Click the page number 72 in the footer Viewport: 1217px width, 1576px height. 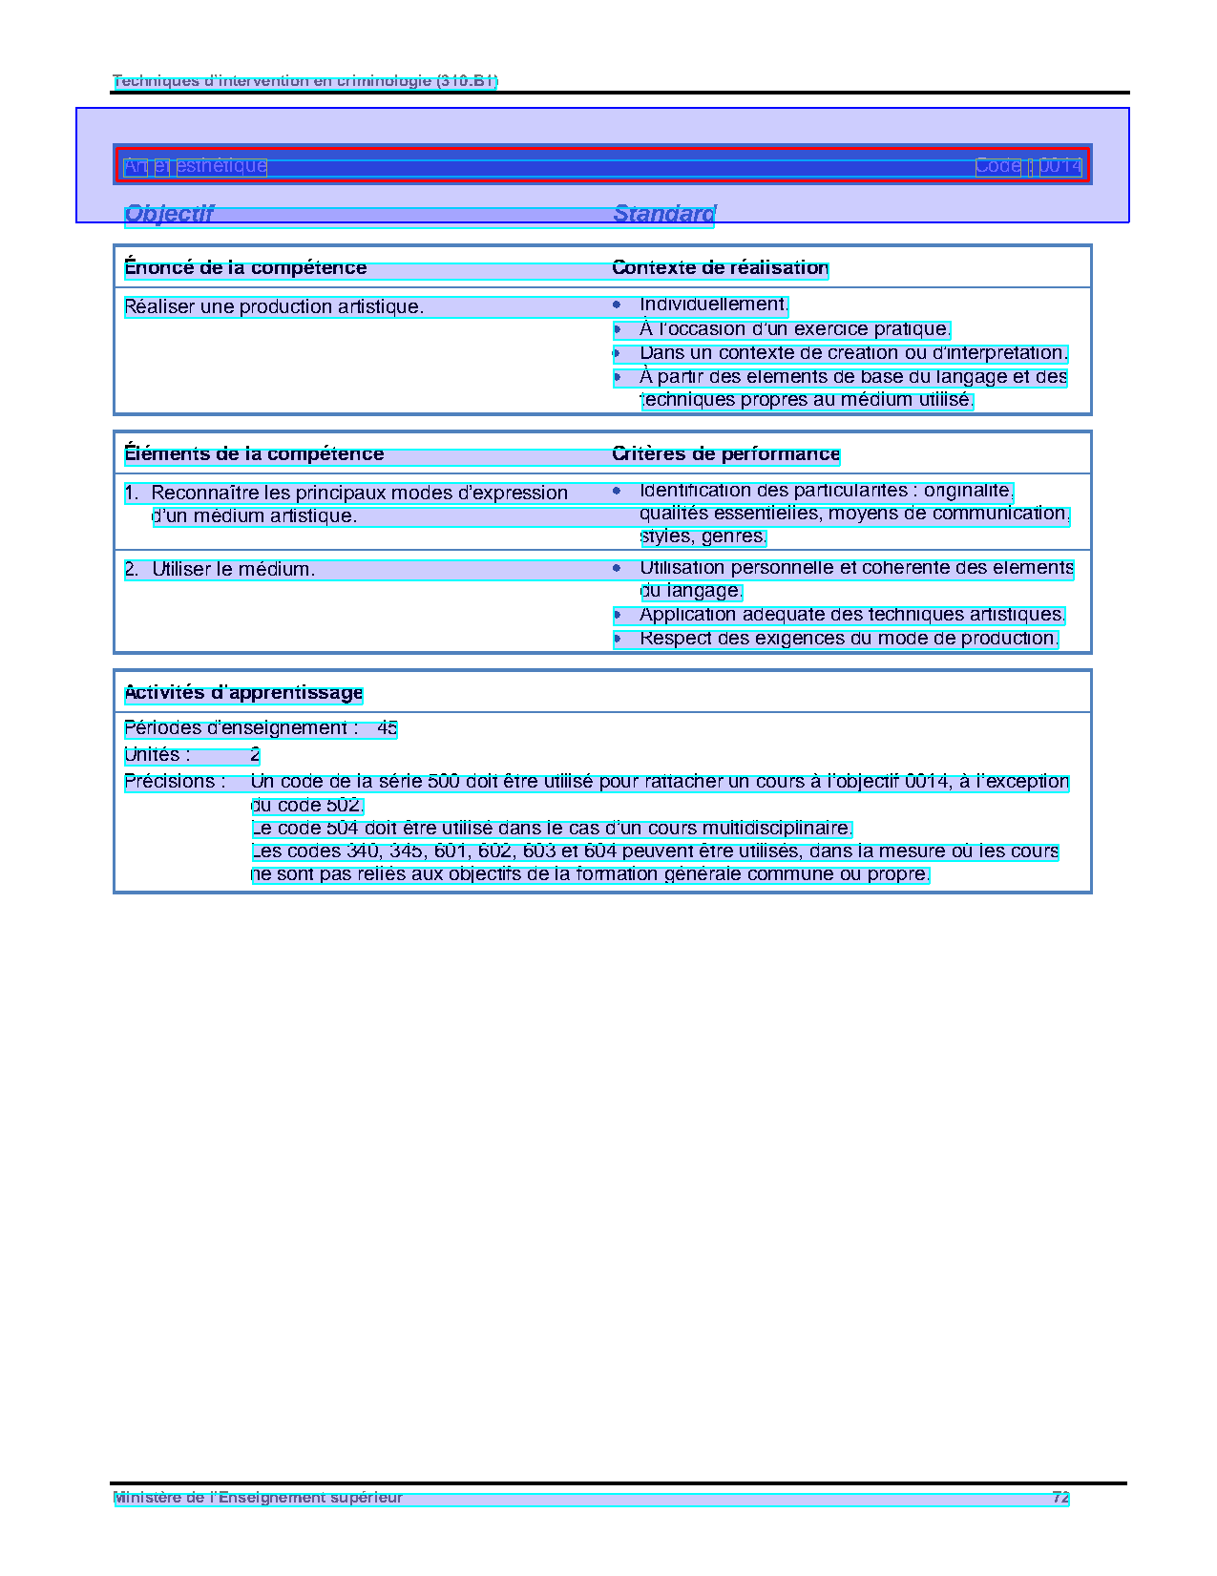click(x=1060, y=1498)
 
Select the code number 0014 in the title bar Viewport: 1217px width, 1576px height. click(x=1060, y=166)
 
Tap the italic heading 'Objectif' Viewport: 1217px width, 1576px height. click(x=169, y=214)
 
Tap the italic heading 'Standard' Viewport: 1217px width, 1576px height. click(x=663, y=214)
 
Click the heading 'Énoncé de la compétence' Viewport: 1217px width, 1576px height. click(x=245, y=268)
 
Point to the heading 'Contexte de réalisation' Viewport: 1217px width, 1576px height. click(x=720, y=268)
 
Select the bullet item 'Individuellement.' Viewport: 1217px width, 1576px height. click(x=713, y=305)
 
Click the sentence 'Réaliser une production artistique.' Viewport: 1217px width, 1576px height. click(x=274, y=307)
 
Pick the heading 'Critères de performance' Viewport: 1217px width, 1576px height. click(x=725, y=454)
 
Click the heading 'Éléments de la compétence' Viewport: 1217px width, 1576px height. click(x=254, y=454)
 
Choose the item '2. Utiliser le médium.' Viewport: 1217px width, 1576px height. click(x=220, y=570)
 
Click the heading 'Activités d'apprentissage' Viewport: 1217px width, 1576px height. click(x=243, y=693)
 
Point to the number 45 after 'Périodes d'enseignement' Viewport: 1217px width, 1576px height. click(x=387, y=728)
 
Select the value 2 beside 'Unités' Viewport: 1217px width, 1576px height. click(x=255, y=755)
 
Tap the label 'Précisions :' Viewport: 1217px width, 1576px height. click(x=175, y=782)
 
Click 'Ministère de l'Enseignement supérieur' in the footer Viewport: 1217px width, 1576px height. click(x=258, y=1498)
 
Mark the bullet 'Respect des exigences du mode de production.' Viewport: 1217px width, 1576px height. click(x=849, y=639)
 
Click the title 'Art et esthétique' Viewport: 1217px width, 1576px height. click(x=195, y=166)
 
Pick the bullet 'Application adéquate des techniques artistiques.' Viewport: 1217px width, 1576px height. click(x=851, y=615)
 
